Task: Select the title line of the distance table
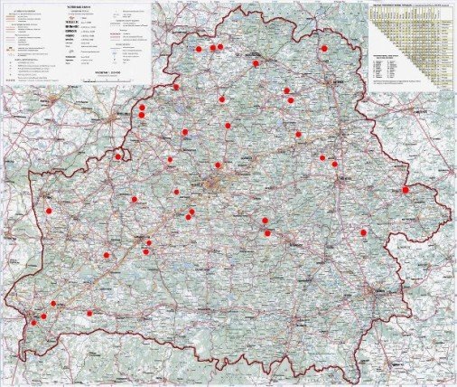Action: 412,5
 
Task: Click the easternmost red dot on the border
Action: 406,189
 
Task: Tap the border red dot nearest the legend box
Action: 176,87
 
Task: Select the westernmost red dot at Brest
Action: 34,321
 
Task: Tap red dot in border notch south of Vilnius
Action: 118,156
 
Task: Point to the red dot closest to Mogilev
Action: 334,164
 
